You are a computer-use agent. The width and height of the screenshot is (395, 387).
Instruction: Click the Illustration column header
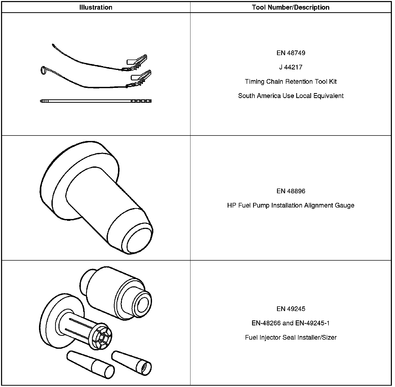[x=96, y=7]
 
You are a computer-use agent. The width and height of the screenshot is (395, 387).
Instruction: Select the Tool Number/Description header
[x=291, y=7]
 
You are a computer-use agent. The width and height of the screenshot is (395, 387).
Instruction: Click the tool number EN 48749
[x=291, y=53]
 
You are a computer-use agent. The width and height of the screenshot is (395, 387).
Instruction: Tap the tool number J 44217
[x=291, y=67]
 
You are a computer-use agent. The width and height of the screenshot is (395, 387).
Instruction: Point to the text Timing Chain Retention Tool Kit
[x=291, y=82]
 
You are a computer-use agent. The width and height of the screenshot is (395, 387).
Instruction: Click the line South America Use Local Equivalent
[x=291, y=96]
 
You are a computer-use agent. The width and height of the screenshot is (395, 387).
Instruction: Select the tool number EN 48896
[x=291, y=191]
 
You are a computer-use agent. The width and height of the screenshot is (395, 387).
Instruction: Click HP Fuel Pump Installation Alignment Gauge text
[x=291, y=205]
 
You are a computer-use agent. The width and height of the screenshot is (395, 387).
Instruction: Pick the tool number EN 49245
[x=291, y=309]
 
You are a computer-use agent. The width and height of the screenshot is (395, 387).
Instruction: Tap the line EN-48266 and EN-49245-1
[x=291, y=323]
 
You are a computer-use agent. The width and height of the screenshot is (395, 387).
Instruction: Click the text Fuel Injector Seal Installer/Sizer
[x=291, y=338]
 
